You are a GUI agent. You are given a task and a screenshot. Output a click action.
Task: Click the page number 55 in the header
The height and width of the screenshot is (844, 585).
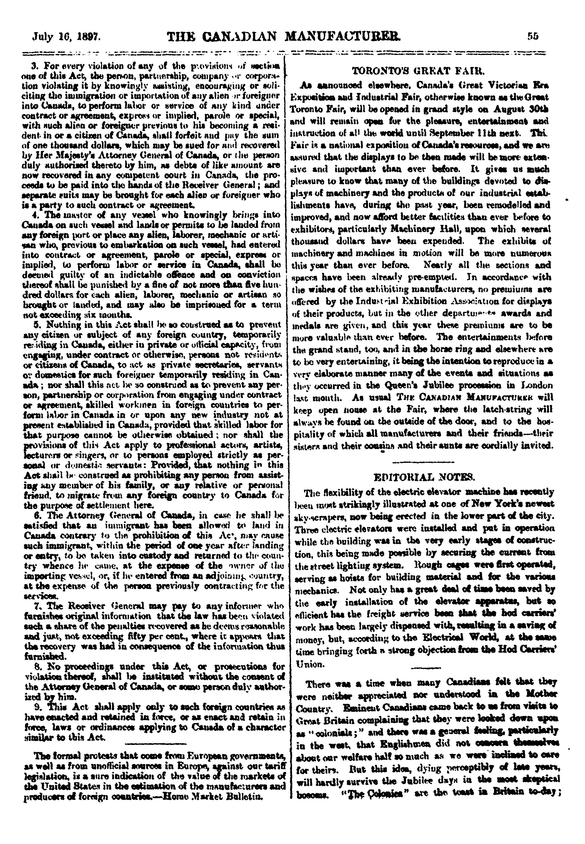click(533, 36)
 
